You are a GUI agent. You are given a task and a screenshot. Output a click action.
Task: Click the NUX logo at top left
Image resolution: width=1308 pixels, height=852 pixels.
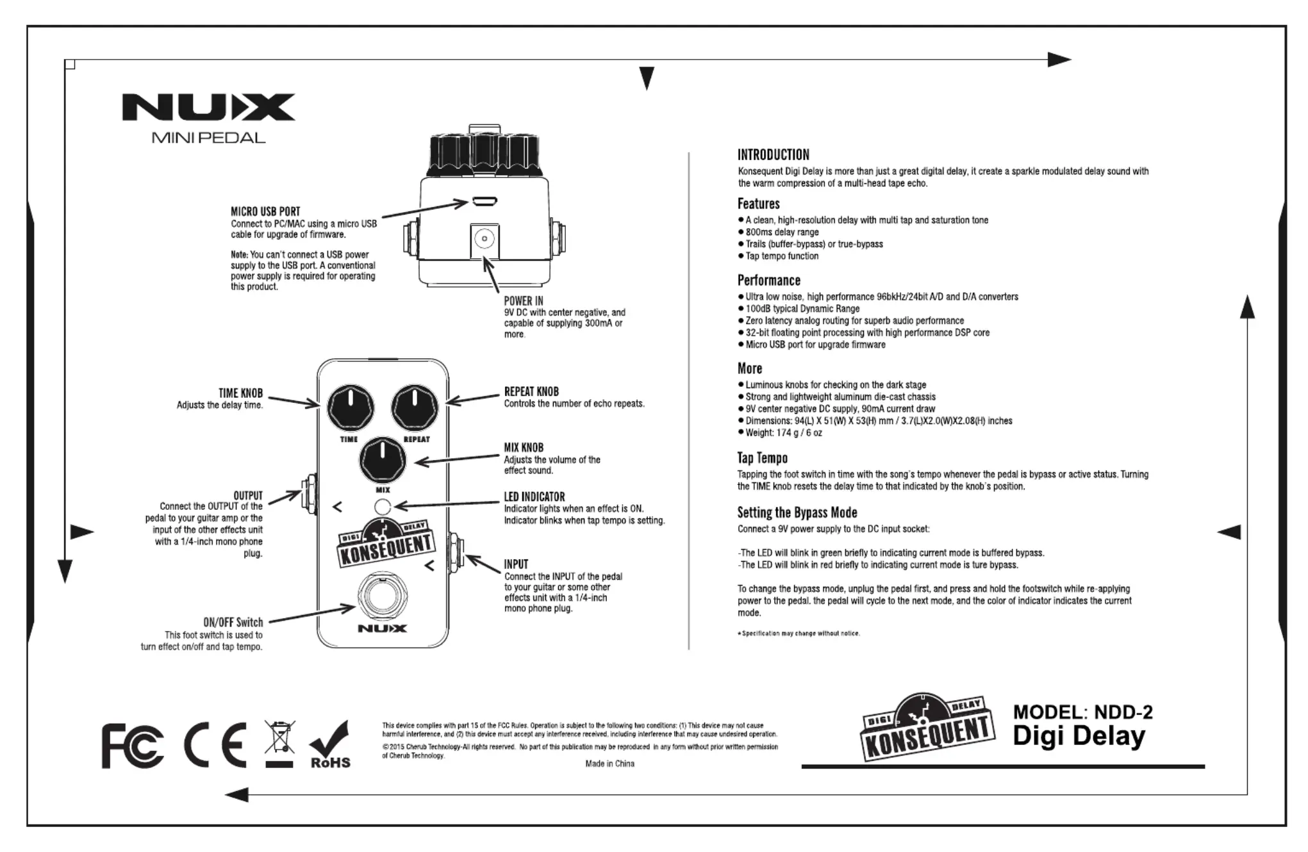pos(208,107)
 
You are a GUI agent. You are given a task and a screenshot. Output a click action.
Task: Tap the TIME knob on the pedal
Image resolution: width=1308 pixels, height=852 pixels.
pos(350,408)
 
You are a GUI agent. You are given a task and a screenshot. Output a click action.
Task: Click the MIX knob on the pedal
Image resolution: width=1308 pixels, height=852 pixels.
pos(383,459)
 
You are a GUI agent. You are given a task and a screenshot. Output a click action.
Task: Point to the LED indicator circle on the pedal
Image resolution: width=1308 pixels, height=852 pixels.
pos(383,507)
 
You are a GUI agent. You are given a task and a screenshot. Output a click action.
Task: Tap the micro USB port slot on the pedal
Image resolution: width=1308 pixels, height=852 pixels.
pos(484,202)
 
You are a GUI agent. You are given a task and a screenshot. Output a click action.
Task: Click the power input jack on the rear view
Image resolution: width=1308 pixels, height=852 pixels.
pos(484,240)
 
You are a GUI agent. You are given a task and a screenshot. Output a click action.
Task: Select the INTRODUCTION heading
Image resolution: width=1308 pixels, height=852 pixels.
pos(773,155)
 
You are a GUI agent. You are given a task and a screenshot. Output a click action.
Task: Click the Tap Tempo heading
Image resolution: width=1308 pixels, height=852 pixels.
pos(762,458)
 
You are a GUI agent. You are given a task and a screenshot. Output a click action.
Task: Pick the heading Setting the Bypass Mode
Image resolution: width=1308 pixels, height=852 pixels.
pos(797,512)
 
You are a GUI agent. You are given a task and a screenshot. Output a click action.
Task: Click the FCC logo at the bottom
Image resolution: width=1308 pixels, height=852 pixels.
pos(132,746)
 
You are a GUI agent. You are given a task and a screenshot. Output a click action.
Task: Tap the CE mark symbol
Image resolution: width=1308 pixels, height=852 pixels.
pos(215,745)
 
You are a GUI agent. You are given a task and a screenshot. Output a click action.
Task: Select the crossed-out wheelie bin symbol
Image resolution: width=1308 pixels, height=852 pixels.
pos(279,743)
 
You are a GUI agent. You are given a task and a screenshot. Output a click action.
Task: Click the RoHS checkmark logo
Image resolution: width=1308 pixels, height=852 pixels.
pos(330,745)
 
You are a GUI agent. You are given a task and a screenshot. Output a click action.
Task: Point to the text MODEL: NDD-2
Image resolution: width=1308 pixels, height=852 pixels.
pos(1082,712)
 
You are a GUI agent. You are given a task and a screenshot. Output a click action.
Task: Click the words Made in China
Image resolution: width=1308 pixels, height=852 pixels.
pos(609,764)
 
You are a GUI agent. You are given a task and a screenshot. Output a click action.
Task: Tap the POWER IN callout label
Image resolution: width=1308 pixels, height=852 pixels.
pos(523,301)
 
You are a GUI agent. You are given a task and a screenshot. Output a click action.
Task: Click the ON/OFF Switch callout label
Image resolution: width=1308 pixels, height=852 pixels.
pos(233,623)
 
